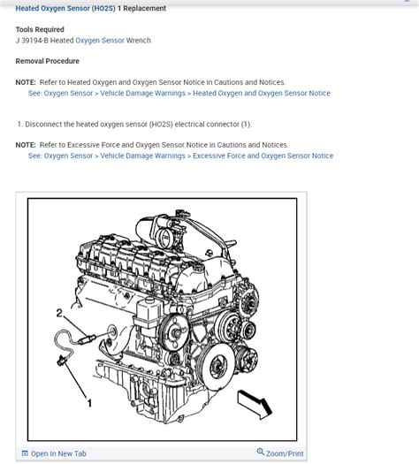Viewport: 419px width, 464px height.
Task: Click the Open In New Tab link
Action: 58,453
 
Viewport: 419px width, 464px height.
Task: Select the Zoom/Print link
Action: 285,453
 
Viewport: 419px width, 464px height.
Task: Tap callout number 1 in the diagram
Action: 89,403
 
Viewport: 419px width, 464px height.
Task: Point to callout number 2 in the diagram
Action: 59,313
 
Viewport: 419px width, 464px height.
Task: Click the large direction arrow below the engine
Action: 255,404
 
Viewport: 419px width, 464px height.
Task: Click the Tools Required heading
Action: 40,29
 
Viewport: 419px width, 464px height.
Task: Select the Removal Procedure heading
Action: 48,61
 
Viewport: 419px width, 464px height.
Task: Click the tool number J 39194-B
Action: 32,41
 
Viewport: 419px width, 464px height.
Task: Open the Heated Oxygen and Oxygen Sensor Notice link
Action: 262,93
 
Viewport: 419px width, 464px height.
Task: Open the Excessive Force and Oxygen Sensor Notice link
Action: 263,156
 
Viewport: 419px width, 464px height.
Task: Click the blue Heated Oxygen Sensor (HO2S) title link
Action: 65,8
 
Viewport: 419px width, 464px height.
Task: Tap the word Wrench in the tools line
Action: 138,41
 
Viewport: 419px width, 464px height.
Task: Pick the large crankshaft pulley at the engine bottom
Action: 216,366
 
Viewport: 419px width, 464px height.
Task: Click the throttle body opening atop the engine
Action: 163,237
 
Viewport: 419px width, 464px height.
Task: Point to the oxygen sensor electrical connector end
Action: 61,361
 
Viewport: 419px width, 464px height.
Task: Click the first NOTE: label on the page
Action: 26,82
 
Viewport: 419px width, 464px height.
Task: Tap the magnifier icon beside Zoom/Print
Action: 261,452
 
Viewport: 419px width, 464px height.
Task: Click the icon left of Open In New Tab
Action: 25,453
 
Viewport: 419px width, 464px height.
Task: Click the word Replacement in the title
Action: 144,8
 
